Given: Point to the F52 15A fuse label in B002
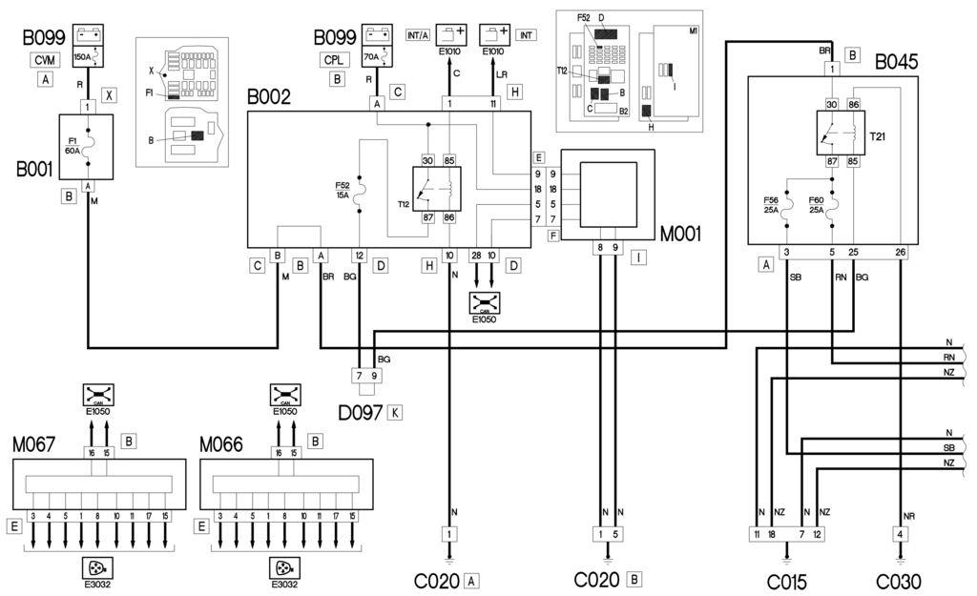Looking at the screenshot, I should pos(343,189).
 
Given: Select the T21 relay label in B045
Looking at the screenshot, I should pos(877,136).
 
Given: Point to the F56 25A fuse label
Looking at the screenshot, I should pos(772,206).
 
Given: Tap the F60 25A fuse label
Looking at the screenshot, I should pos(818,206).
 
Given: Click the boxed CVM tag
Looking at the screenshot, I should pos(45,60).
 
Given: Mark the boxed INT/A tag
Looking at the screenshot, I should pos(417,36).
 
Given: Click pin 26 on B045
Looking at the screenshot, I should pos(901,253).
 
